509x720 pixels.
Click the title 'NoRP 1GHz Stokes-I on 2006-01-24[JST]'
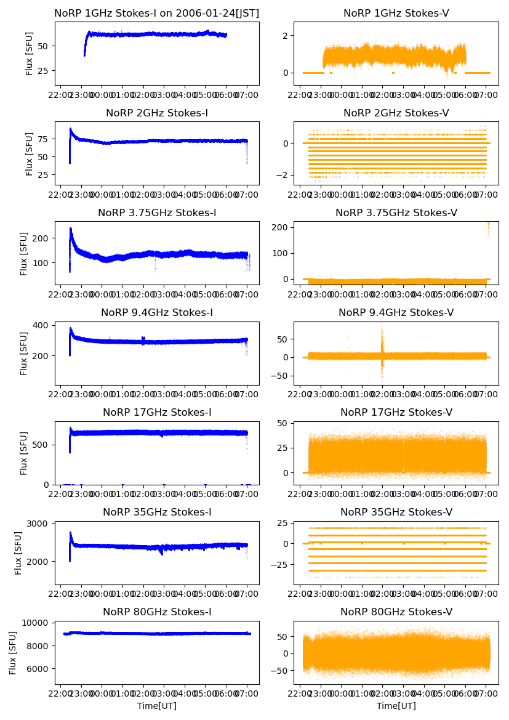156,13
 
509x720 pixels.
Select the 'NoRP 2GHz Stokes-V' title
396,113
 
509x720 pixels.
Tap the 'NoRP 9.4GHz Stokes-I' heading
156,313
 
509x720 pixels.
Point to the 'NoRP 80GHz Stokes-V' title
396,612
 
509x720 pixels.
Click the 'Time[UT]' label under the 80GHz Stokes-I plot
156,706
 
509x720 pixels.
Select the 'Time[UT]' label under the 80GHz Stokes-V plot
396,706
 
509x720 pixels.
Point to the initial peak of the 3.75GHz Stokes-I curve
71,230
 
